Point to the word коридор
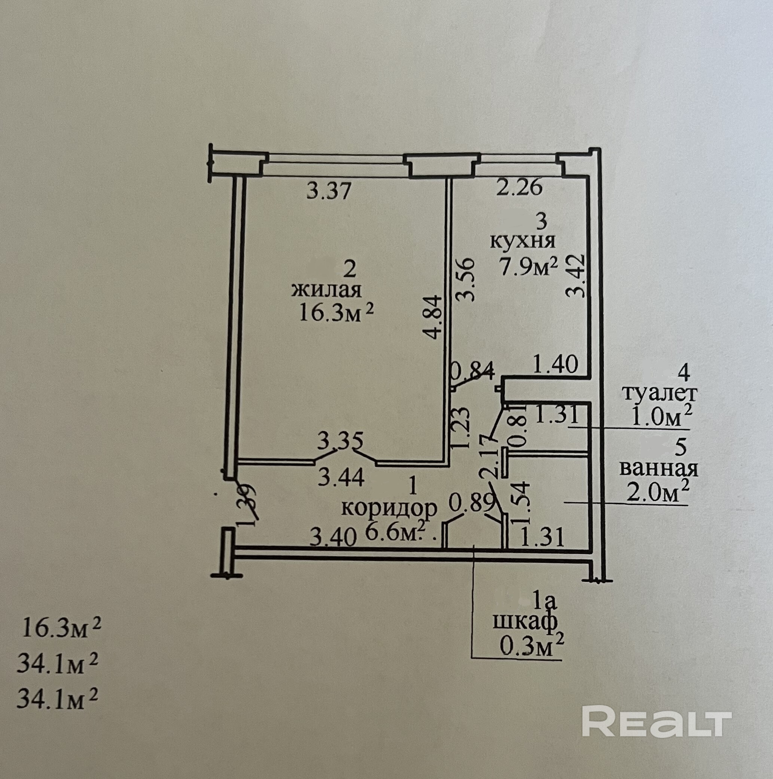click(x=389, y=508)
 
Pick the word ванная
click(x=659, y=469)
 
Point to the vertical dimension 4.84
click(x=435, y=317)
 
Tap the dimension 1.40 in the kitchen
click(x=556, y=365)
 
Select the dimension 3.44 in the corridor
click(x=341, y=478)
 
